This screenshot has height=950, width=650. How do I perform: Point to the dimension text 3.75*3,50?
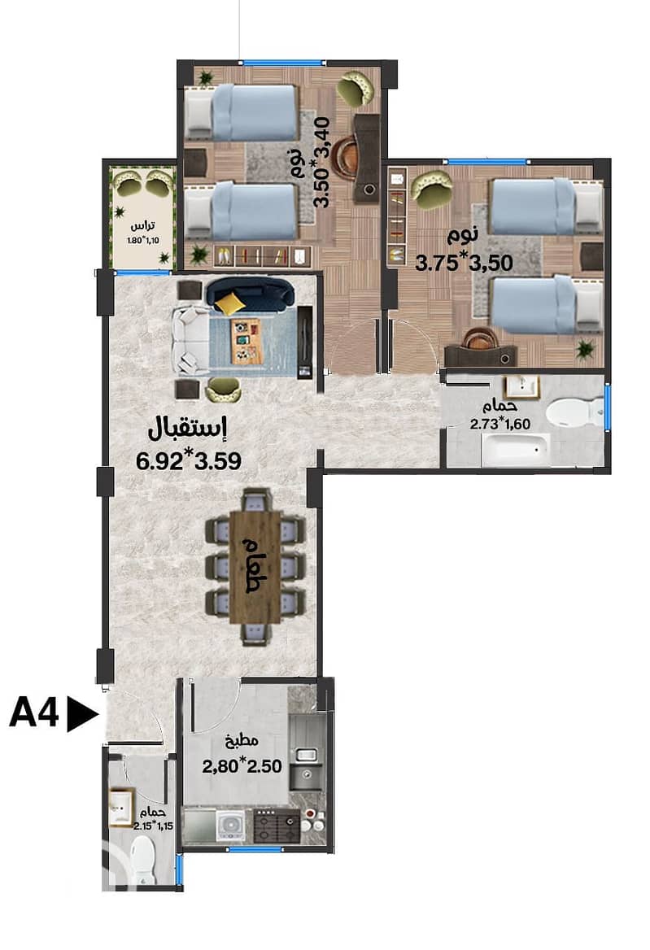(x=463, y=262)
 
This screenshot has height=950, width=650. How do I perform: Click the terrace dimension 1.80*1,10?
(x=142, y=239)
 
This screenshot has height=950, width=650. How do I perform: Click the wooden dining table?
(x=255, y=566)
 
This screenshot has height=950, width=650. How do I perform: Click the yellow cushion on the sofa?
(x=231, y=303)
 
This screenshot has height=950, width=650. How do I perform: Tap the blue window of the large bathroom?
(x=607, y=405)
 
